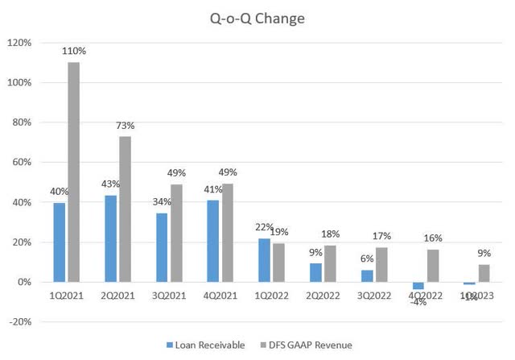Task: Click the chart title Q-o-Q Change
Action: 252,19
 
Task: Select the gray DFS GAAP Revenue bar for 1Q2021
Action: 74,172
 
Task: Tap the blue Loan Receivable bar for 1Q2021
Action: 59,242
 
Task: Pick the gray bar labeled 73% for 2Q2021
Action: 126,209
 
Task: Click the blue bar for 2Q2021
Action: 110,239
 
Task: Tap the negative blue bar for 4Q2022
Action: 418,286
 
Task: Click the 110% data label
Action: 74,52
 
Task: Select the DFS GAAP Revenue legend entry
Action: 309,345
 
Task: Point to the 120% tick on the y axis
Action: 19,43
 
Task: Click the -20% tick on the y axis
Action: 19,322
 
